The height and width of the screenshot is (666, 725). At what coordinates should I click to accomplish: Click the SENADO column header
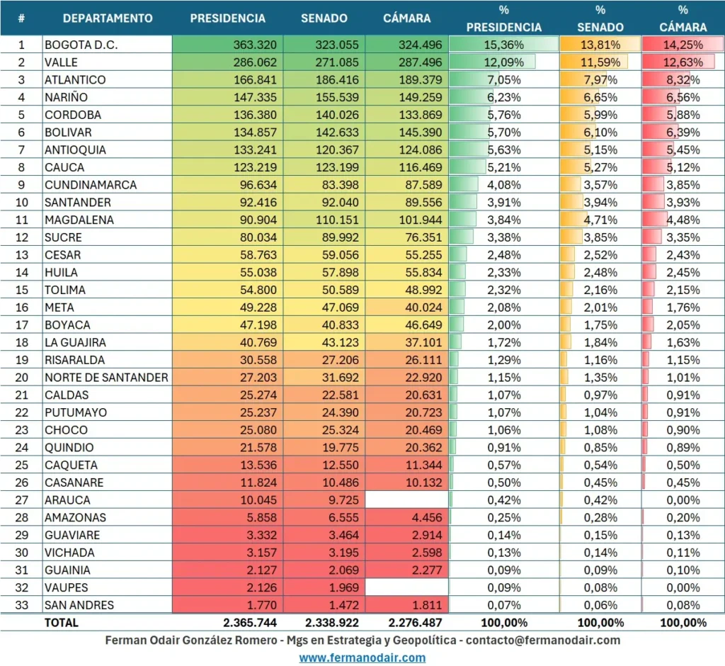coord(324,18)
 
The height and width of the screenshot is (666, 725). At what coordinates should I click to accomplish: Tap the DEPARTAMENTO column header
coord(107,18)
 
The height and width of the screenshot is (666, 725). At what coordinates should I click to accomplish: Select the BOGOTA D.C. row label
coord(81,45)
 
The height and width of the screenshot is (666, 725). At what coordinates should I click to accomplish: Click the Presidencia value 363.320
coord(254,45)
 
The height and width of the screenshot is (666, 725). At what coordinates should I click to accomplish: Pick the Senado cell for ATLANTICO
coord(333,80)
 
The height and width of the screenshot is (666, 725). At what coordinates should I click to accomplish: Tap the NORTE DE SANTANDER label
coord(106,378)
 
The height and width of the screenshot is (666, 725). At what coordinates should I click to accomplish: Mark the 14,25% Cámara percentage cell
coord(683,45)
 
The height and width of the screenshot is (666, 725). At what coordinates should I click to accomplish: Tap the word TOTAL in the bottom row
coord(62,623)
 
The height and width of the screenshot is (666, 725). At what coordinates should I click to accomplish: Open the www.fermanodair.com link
coord(362,657)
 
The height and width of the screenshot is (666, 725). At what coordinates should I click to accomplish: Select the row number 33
coord(21,605)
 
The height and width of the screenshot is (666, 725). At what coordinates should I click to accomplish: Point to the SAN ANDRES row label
coord(79,605)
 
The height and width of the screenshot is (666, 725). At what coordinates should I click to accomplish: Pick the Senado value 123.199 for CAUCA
coord(333,167)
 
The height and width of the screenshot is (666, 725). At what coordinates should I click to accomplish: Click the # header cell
coord(21,18)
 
